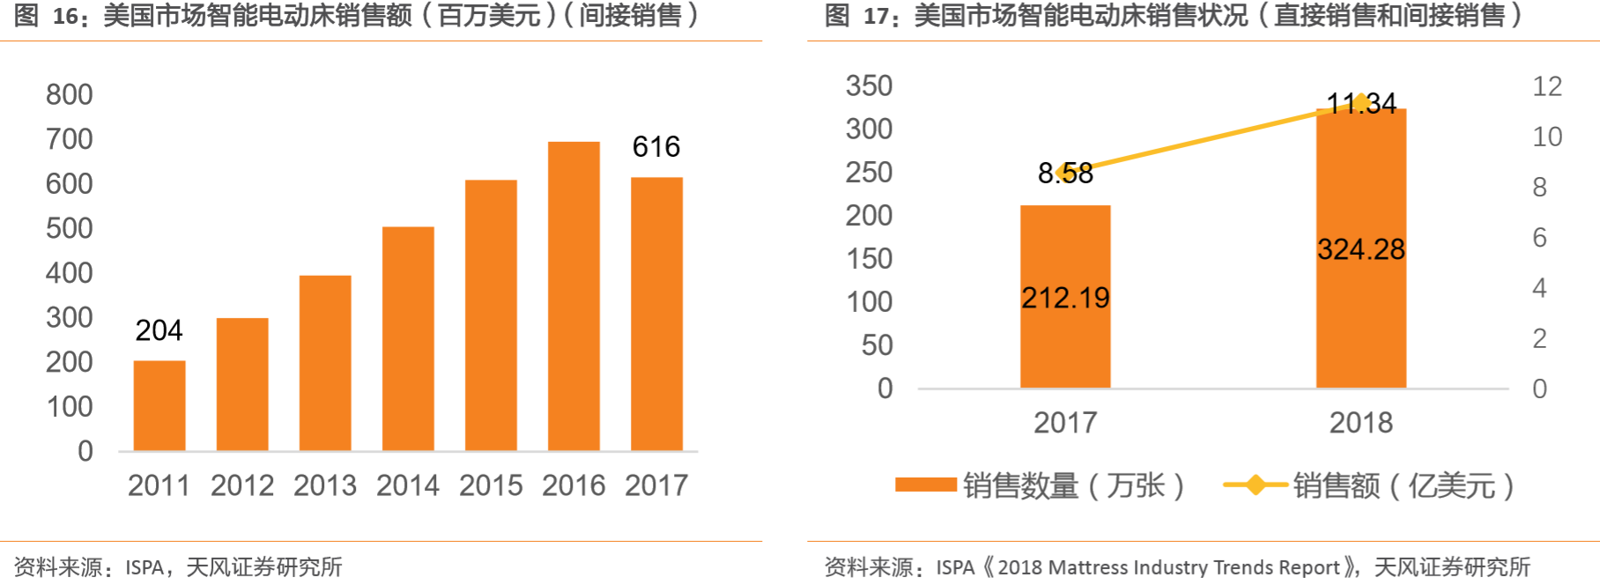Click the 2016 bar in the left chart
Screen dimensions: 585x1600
click(x=574, y=296)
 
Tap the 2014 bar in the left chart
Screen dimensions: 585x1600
click(x=408, y=339)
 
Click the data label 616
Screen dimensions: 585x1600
click(x=656, y=146)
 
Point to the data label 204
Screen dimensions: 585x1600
click(x=159, y=330)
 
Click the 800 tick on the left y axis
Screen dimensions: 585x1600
click(x=70, y=94)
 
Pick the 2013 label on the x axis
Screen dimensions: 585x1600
click(x=325, y=485)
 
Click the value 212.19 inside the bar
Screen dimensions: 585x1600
click(x=1065, y=298)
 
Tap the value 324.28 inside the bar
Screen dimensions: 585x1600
click(x=1360, y=249)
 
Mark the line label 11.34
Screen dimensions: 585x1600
click(x=1361, y=104)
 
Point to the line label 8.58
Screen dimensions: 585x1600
click(x=1065, y=174)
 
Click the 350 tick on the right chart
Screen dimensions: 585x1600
click(x=869, y=85)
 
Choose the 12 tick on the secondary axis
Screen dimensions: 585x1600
click(x=1547, y=86)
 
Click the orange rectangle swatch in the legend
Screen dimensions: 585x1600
click(x=925, y=485)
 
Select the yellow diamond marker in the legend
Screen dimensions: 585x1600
click(x=1256, y=485)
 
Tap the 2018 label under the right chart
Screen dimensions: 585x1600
click(x=1360, y=423)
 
